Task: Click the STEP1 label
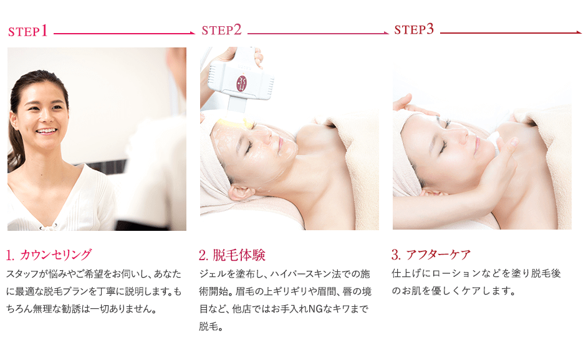point(28,32)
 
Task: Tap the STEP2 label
point(221,30)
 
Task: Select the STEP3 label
point(414,29)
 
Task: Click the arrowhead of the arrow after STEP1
point(192,33)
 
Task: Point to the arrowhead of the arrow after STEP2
point(386,32)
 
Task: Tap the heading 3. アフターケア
point(431,255)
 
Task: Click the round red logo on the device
point(241,83)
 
